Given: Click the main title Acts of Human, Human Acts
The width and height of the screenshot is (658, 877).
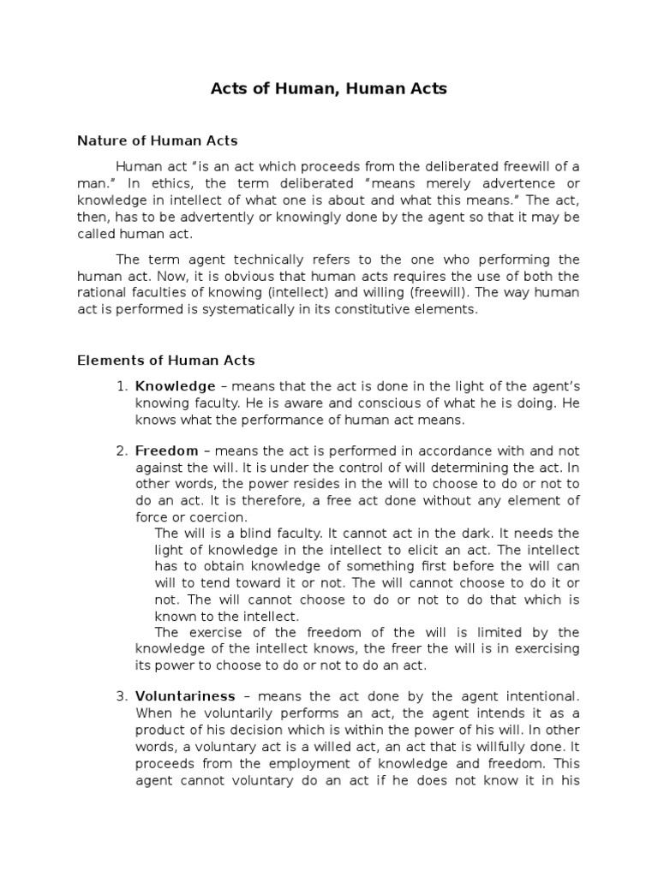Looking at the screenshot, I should [x=329, y=89].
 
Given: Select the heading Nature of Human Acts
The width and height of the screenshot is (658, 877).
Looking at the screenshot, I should [x=157, y=140].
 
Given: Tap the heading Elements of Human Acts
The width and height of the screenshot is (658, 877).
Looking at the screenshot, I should [x=166, y=361].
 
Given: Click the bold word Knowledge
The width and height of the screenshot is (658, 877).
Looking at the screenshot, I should [x=175, y=386].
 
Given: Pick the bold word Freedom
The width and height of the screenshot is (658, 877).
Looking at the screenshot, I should [x=166, y=450].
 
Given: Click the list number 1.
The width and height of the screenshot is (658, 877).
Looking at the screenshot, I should [x=122, y=386].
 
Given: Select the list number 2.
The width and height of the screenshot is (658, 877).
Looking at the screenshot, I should [x=122, y=450].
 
